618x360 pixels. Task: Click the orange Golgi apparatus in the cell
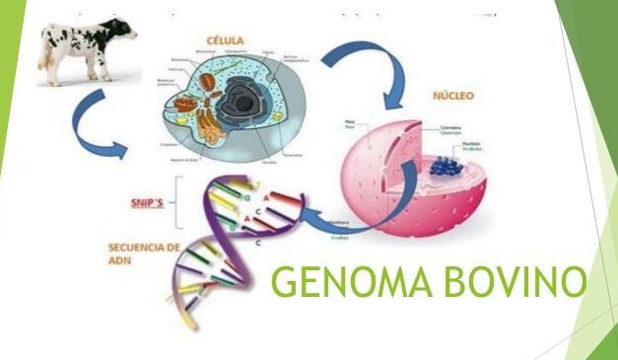205,122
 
